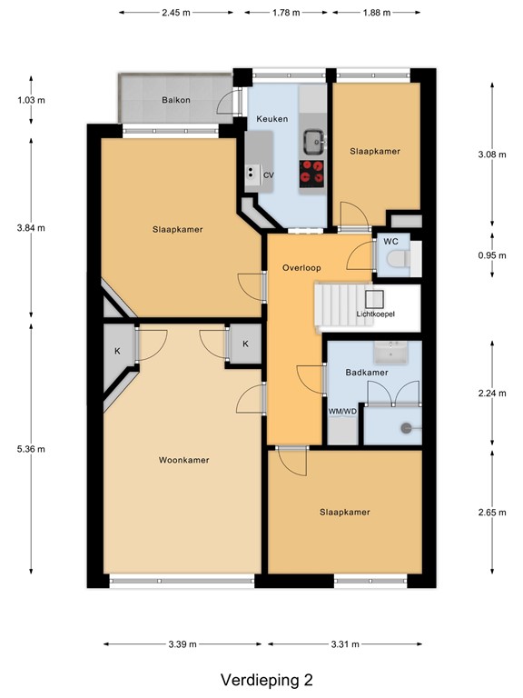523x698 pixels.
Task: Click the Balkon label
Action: pyautogui.click(x=176, y=100)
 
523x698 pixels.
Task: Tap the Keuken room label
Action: pyautogui.click(x=272, y=119)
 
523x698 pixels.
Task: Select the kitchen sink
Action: pyautogui.click(x=314, y=139)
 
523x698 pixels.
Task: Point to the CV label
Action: pyautogui.click(x=269, y=174)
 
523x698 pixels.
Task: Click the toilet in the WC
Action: pyautogui.click(x=397, y=262)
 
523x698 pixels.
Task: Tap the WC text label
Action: pyautogui.click(x=390, y=242)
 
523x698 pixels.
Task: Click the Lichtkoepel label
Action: pyautogui.click(x=375, y=314)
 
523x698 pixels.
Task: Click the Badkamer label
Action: pyautogui.click(x=367, y=373)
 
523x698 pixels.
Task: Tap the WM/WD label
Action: pyautogui.click(x=342, y=412)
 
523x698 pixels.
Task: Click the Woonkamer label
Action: pyautogui.click(x=184, y=460)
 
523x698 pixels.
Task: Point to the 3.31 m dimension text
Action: pyautogui.click(x=345, y=644)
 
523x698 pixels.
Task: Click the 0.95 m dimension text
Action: pyautogui.click(x=491, y=254)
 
